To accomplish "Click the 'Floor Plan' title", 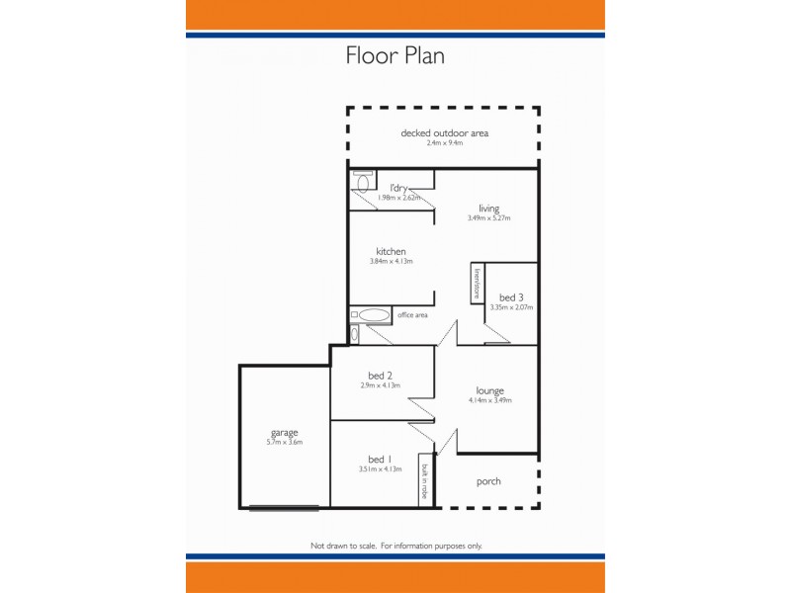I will point(395,55).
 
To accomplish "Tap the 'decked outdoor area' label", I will point(444,133).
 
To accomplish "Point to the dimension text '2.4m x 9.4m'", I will point(444,144).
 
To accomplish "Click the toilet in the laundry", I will point(362,183).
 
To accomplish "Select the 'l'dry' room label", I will point(398,188).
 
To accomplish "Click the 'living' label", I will point(488,208).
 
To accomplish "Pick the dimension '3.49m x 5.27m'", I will point(488,218).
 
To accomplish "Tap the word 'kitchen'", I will point(391,251).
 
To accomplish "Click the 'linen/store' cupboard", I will point(477,283).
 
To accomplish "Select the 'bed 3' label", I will point(511,296).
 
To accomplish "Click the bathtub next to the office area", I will point(374,315).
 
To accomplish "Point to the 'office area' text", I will point(412,315).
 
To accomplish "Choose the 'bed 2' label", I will point(381,375).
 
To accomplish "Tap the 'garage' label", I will point(284,432).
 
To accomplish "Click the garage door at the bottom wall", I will point(284,508).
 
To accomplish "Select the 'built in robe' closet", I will point(425,481).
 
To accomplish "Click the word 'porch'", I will point(488,481).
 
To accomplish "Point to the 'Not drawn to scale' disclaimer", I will point(395,546).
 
